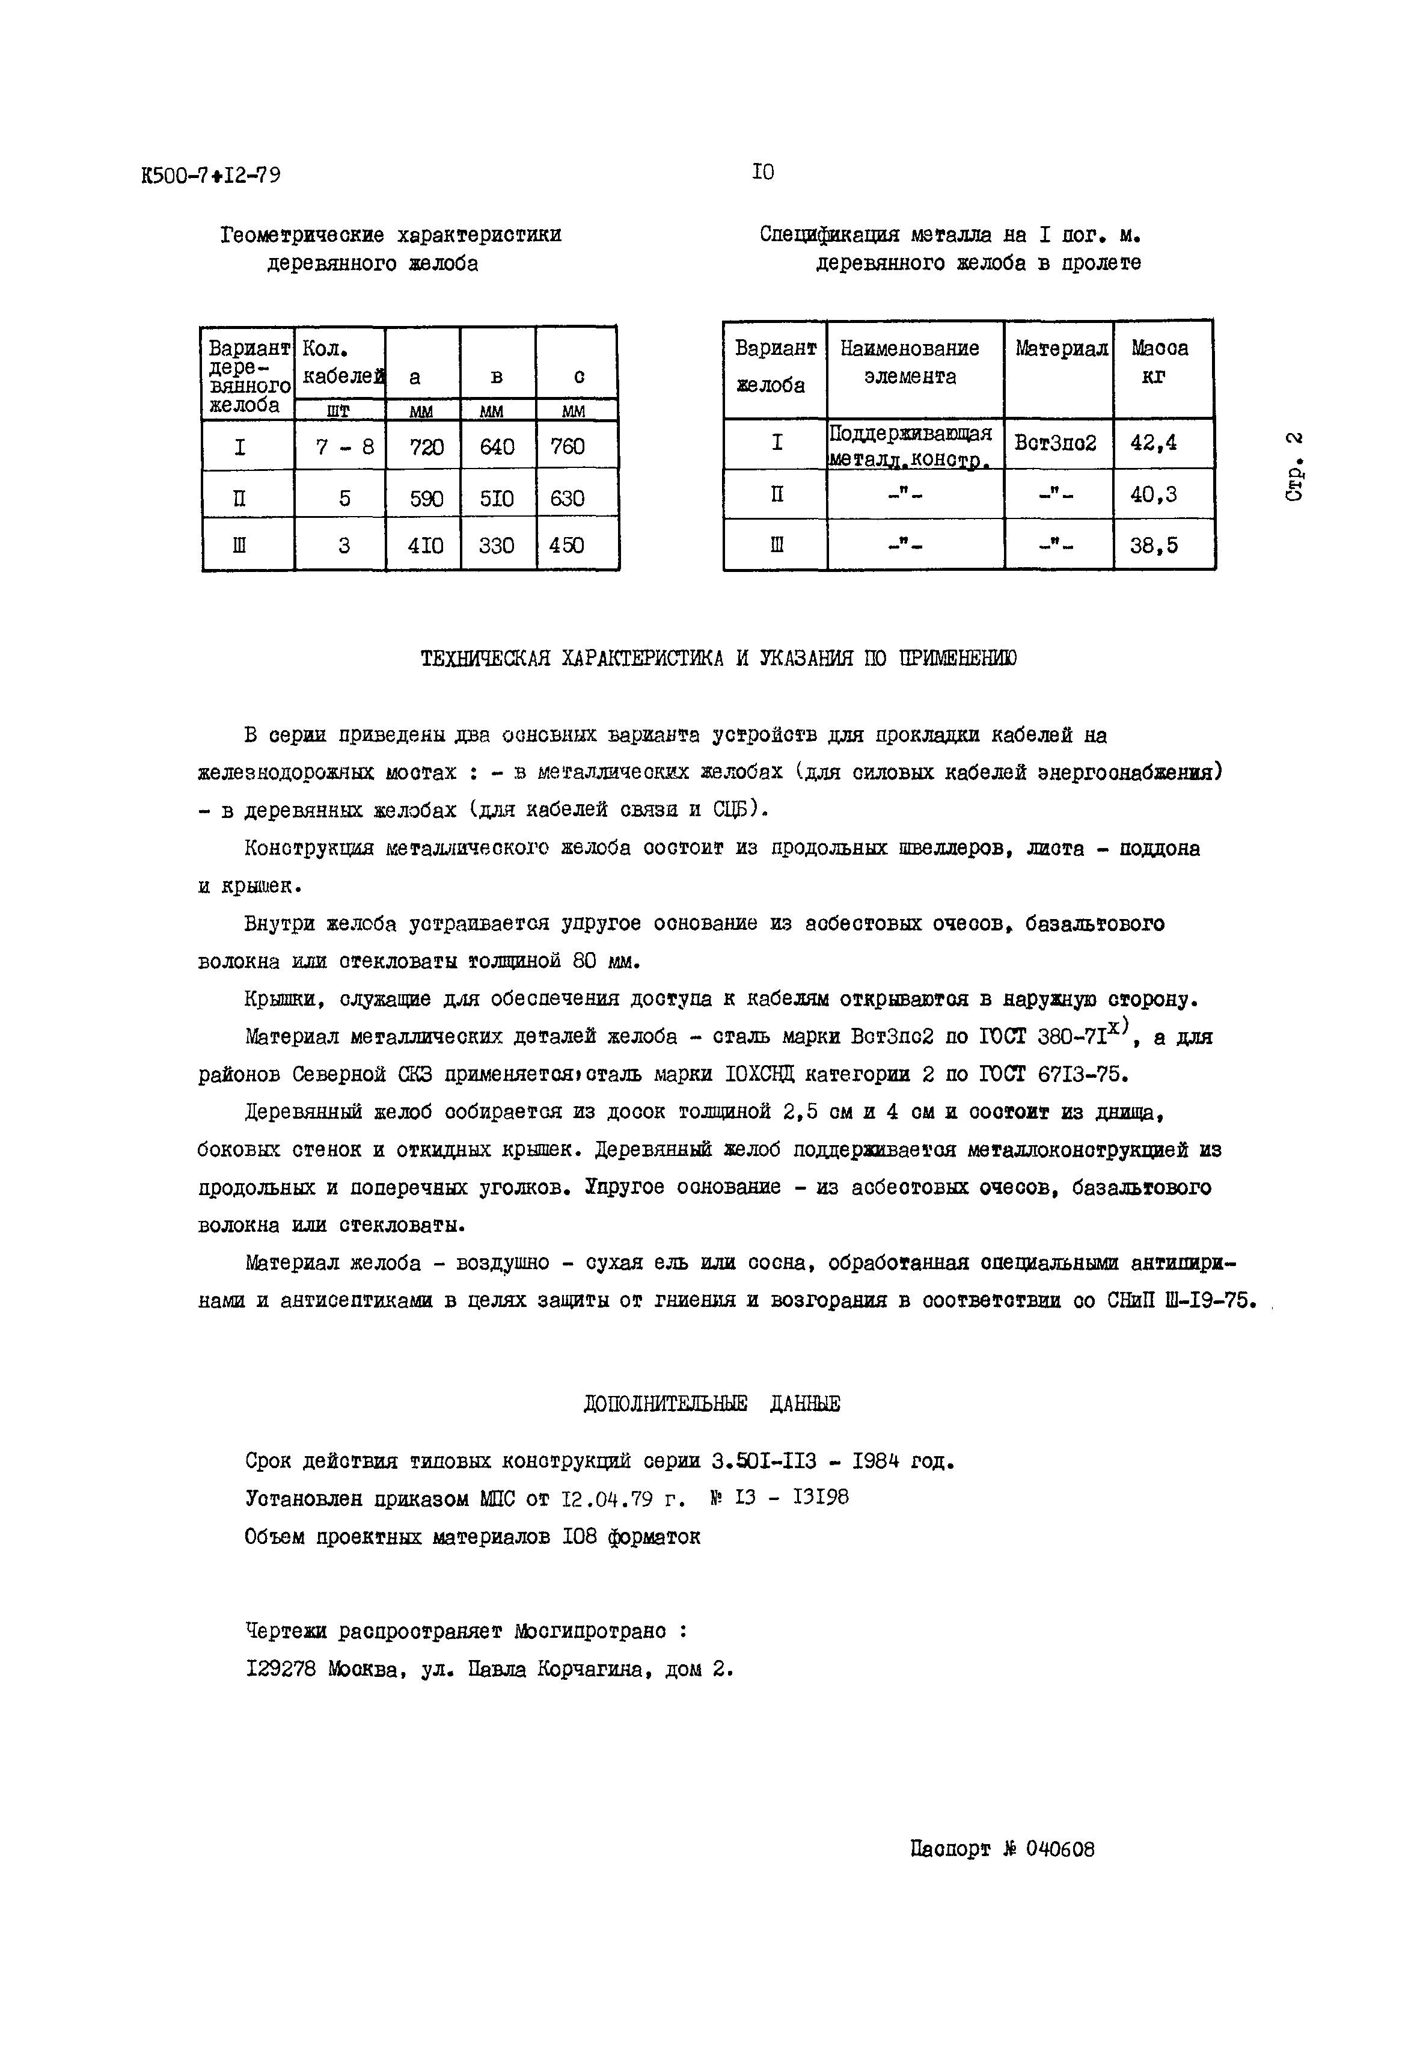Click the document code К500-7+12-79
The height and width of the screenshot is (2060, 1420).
(211, 176)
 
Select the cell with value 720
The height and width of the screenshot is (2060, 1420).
(425, 446)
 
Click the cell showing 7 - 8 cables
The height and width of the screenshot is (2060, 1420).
(343, 447)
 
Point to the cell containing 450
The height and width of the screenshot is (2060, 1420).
(567, 545)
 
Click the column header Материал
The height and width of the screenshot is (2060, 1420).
(1060, 349)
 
